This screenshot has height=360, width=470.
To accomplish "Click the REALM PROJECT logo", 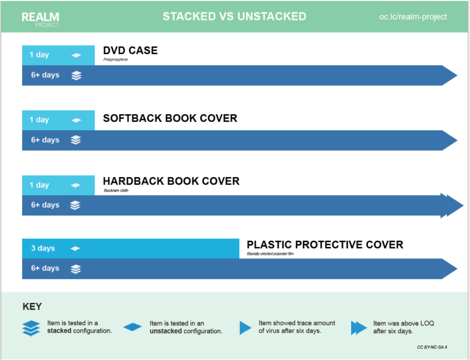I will pos(40,19).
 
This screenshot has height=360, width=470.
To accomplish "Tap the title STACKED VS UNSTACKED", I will pos(234,17).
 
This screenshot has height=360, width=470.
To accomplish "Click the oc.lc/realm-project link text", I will pos(413,17).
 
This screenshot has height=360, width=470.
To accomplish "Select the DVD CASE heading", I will pos(130,51).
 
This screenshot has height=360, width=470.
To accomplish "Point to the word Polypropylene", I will pos(115,60).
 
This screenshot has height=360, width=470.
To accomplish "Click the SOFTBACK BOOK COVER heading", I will pos(170,119).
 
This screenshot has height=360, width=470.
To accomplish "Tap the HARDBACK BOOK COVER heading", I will pos(171,181).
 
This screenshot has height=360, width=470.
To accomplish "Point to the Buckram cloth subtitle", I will pos(116,191).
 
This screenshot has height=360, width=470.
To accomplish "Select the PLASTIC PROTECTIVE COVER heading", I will pos(325,245).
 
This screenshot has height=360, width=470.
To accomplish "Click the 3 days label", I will pos(43,249).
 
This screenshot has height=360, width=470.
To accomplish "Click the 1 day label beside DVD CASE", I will pos(39,55).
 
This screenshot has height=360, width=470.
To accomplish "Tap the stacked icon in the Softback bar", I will pos(76,140).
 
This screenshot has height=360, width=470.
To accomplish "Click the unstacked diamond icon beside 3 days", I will pos(75,249).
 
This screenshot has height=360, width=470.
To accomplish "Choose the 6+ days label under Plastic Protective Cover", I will pos(45,268).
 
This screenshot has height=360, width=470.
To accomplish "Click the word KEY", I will pos(32,306).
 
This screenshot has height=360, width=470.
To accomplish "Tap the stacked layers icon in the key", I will pos(31,327).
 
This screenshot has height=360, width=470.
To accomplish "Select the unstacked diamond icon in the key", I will pos(132,327).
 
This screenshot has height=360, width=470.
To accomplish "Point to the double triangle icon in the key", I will pos(359,328).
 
